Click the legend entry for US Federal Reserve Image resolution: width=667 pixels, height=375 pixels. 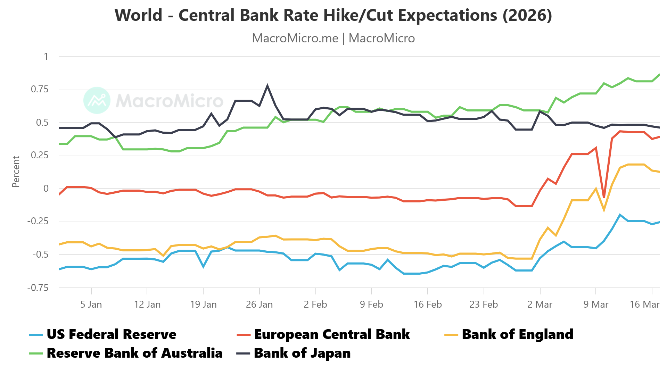point(111,334)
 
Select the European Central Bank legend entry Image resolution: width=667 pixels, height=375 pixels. point(332,334)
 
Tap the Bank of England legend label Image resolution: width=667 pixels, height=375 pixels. point(517,334)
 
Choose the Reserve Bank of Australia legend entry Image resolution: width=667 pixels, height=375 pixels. point(134,353)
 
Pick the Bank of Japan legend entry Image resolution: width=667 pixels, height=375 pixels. point(302,353)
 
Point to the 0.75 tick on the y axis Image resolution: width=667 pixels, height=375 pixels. point(40,89)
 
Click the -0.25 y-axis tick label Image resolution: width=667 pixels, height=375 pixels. point(38,221)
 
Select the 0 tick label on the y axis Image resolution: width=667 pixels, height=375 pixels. point(46,189)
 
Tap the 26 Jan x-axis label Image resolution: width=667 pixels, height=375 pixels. point(259,305)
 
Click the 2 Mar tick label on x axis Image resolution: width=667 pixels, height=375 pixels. point(540,305)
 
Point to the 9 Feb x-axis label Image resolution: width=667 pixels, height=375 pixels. point(371,305)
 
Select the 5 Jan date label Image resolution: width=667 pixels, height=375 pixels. point(91,305)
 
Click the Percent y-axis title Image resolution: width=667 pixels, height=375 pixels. point(16,172)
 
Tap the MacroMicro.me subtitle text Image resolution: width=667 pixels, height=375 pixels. point(295,38)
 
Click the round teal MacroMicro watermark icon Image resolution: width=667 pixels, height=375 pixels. point(97,100)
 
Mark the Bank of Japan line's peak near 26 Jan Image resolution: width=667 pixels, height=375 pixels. point(267,85)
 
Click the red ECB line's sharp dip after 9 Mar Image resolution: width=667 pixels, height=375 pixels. point(604,197)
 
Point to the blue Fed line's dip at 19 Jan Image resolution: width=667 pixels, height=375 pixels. point(203,267)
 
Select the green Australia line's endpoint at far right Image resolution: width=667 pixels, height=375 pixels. point(659,75)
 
